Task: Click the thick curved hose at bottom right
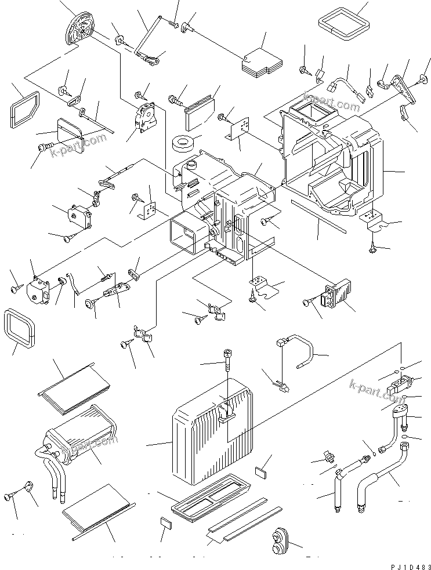point(377,475)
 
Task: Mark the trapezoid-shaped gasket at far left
point(25,110)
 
